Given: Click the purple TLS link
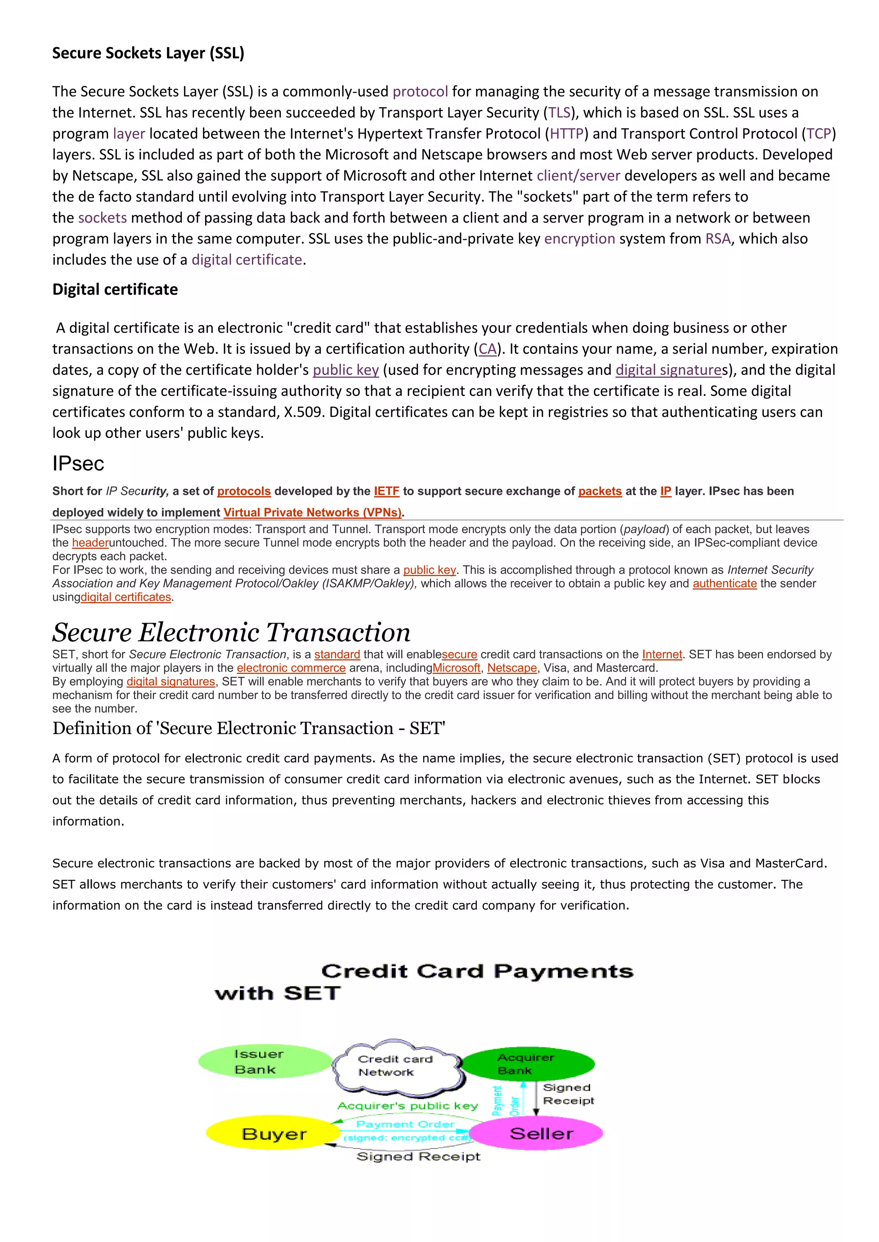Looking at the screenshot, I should tap(559, 112).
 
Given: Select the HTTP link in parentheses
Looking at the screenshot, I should tap(567, 134).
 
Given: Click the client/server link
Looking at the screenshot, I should tap(578, 176).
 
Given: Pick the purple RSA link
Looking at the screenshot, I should tap(718, 238).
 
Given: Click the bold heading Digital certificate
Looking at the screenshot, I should tap(115, 289).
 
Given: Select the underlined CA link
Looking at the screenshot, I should tap(487, 349).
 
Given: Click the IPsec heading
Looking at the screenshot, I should tap(78, 464).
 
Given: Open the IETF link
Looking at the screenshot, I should tap(386, 491).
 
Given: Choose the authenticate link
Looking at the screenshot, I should tap(724, 583).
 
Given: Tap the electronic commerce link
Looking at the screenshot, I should tap(291, 668).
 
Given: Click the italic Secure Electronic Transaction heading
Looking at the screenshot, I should tap(231, 632).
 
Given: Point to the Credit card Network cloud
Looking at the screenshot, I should tap(396, 1065).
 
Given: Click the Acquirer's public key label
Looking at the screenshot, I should tap(408, 1106).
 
